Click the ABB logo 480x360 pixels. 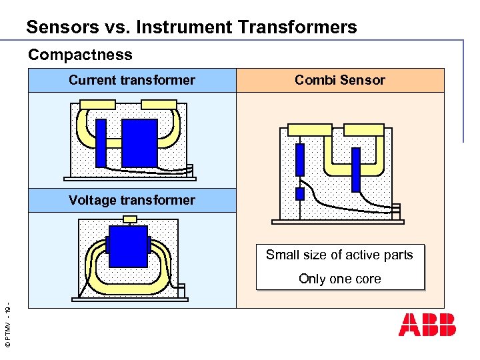427,324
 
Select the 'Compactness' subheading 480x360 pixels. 80,55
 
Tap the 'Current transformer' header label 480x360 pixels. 132,81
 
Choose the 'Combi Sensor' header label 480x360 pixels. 340,81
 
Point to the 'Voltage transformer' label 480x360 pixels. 132,200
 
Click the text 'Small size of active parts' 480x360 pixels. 339,255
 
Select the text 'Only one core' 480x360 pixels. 340,279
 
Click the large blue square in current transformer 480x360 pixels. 139,142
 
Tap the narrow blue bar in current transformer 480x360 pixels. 101,143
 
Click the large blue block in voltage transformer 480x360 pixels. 127,246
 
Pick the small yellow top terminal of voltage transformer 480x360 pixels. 131,219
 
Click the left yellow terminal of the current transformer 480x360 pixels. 97,105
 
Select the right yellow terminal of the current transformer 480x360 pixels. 159,105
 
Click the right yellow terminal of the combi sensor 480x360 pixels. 363,129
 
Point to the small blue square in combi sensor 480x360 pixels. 300,194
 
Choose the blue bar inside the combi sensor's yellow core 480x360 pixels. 356,169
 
